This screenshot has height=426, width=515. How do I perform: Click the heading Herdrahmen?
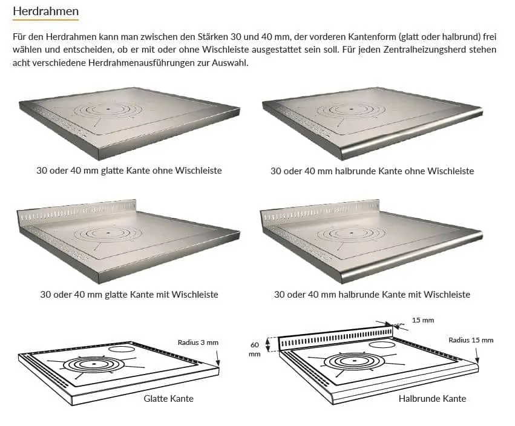[x=45, y=11]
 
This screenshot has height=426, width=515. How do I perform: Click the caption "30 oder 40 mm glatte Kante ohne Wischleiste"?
[x=129, y=171]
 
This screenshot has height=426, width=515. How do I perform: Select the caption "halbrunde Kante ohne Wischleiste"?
[x=404, y=171]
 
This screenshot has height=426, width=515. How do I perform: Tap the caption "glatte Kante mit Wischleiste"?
[x=161, y=294]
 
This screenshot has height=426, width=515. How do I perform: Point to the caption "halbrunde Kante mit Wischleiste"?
[x=404, y=294]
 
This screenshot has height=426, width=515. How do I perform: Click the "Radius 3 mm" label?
[x=198, y=342]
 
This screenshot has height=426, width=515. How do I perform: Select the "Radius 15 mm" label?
[x=471, y=340]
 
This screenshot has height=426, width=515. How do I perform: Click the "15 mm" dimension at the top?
[x=422, y=320]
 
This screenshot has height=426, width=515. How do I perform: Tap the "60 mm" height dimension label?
[x=255, y=350]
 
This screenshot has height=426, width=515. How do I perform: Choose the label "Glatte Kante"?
[x=168, y=398]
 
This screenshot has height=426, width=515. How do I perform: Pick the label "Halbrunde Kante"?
[x=432, y=398]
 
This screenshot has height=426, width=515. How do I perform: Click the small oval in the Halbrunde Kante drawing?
[x=382, y=345]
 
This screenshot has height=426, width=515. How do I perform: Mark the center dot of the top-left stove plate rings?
[x=108, y=109]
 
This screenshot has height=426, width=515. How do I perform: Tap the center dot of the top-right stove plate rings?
[x=352, y=109]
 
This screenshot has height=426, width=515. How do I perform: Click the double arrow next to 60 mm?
[x=267, y=345]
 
